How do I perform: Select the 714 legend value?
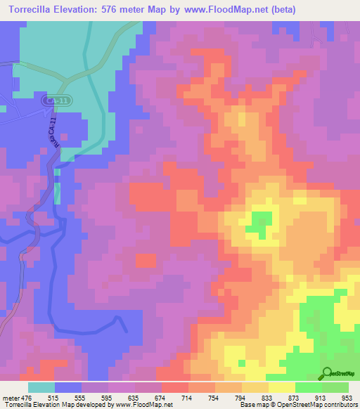point(188,398)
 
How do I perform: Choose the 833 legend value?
point(266,398)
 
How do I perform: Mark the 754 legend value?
point(214,398)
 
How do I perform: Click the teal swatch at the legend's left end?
point(41,387)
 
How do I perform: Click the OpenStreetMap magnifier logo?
point(328,375)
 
